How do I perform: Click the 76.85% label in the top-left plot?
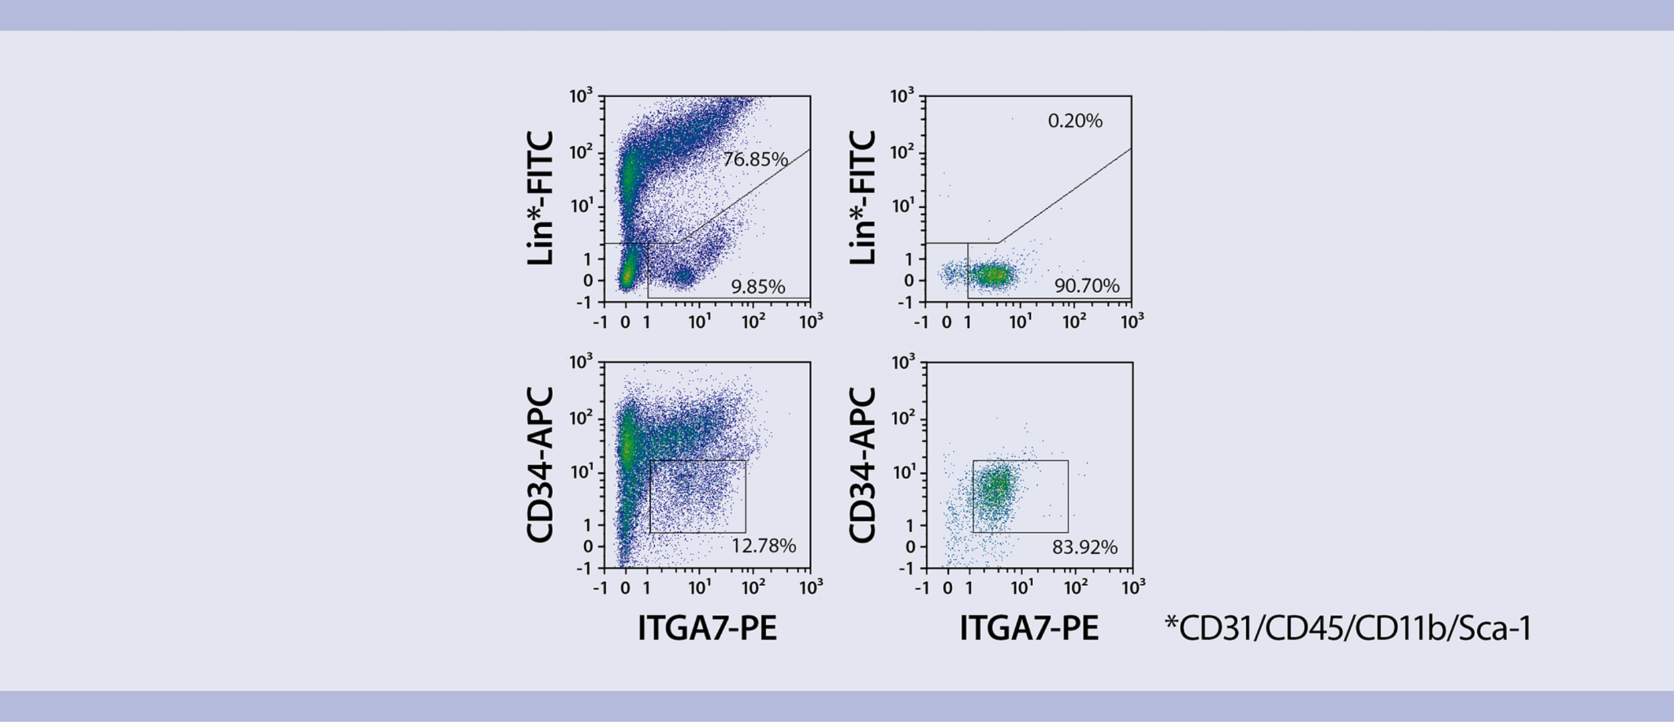[x=755, y=159]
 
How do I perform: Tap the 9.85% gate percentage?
[x=757, y=287]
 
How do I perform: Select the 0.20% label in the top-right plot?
[x=1075, y=121]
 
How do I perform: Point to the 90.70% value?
[x=1087, y=286]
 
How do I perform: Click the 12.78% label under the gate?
[x=763, y=546]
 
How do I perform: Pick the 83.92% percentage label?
[x=1085, y=547]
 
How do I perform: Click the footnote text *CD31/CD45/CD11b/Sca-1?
[x=1348, y=628]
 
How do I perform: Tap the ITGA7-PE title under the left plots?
[x=707, y=628]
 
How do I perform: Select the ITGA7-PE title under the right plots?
[x=1029, y=628]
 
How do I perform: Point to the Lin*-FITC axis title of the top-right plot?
[x=863, y=198]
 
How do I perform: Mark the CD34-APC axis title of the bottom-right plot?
[x=863, y=464]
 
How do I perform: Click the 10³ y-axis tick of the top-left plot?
[x=581, y=96]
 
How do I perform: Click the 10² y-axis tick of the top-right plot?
[x=902, y=153]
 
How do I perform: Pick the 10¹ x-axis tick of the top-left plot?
[x=700, y=322]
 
